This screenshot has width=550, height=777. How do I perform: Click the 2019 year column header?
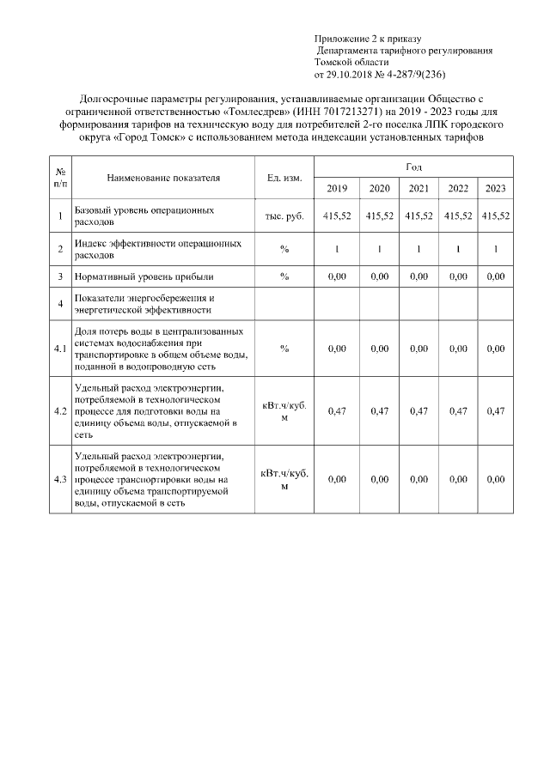click(x=337, y=189)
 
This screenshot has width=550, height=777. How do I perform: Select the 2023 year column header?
click(x=495, y=189)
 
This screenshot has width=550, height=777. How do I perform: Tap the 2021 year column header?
click(x=419, y=189)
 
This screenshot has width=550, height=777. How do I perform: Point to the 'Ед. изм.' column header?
click(x=284, y=178)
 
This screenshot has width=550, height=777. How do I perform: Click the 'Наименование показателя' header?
click(x=163, y=178)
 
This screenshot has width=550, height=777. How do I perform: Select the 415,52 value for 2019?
click(x=337, y=216)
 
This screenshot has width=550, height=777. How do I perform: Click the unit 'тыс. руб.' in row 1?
click(x=284, y=216)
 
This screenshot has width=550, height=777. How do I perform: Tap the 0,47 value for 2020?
click(x=379, y=411)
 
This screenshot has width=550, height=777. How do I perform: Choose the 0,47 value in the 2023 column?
click(x=495, y=411)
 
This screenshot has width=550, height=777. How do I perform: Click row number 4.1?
click(x=60, y=349)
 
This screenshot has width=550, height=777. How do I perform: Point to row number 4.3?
click(x=60, y=479)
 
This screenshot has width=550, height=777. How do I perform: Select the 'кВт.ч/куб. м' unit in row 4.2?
click(x=284, y=411)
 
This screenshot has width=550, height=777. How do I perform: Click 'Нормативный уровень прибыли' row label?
click(x=144, y=277)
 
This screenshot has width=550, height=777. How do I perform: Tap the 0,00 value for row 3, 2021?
click(x=419, y=277)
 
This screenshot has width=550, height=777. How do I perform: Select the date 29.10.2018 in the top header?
click(x=351, y=75)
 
